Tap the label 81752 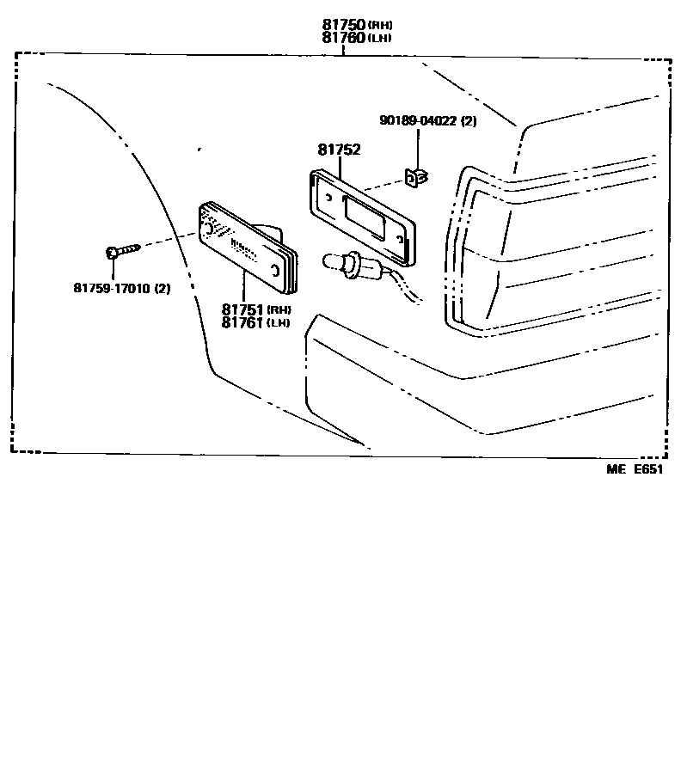pos(339,150)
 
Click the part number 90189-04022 pos(418,121)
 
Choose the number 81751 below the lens pos(243,309)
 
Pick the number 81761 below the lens pos(243,322)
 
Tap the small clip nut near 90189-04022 pos(418,178)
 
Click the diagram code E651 pos(649,468)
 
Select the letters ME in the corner pos(615,468)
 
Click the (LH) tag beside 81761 pos(279,323)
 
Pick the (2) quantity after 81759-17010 pos(163,289)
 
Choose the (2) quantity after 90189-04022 pos(469,121)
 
